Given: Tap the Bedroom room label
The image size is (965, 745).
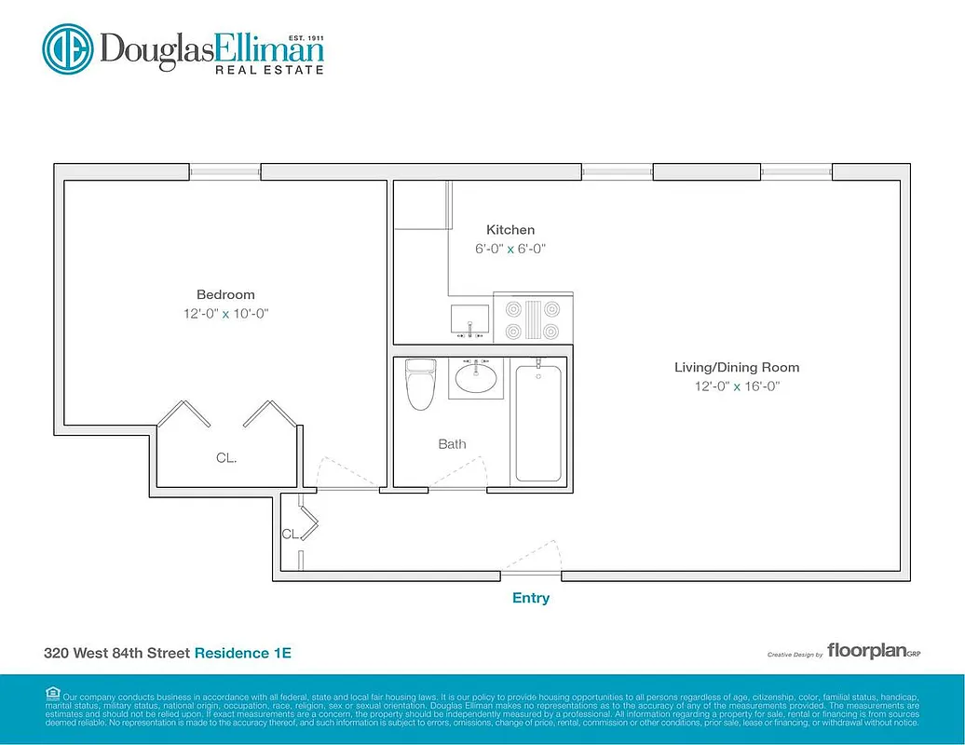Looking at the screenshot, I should [225, 294].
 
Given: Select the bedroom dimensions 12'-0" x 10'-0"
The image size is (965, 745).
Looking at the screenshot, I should [225, 314].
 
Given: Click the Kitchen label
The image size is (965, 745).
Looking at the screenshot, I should [510, 229].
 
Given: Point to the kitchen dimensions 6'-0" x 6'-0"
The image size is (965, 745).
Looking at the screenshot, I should [510, 249].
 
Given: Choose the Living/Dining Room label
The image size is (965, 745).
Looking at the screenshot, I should [737, 367].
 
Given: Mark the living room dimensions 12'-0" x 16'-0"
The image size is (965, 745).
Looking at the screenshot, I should [737, 386].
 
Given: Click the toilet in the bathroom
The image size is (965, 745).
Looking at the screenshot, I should [421, 384].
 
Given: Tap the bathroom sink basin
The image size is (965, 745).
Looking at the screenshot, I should [477, 378].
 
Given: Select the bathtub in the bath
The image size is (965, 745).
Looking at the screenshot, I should [538, 423].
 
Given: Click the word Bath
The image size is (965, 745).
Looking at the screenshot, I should [453, 444].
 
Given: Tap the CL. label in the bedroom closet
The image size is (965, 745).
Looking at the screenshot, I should [226, 458].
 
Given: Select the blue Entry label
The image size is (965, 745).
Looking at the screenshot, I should [531, 598].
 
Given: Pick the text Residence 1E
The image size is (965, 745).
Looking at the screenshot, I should [242, 653].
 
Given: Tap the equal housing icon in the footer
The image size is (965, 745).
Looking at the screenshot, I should [52, 692].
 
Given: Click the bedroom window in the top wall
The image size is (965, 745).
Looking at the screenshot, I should [225, 171].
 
